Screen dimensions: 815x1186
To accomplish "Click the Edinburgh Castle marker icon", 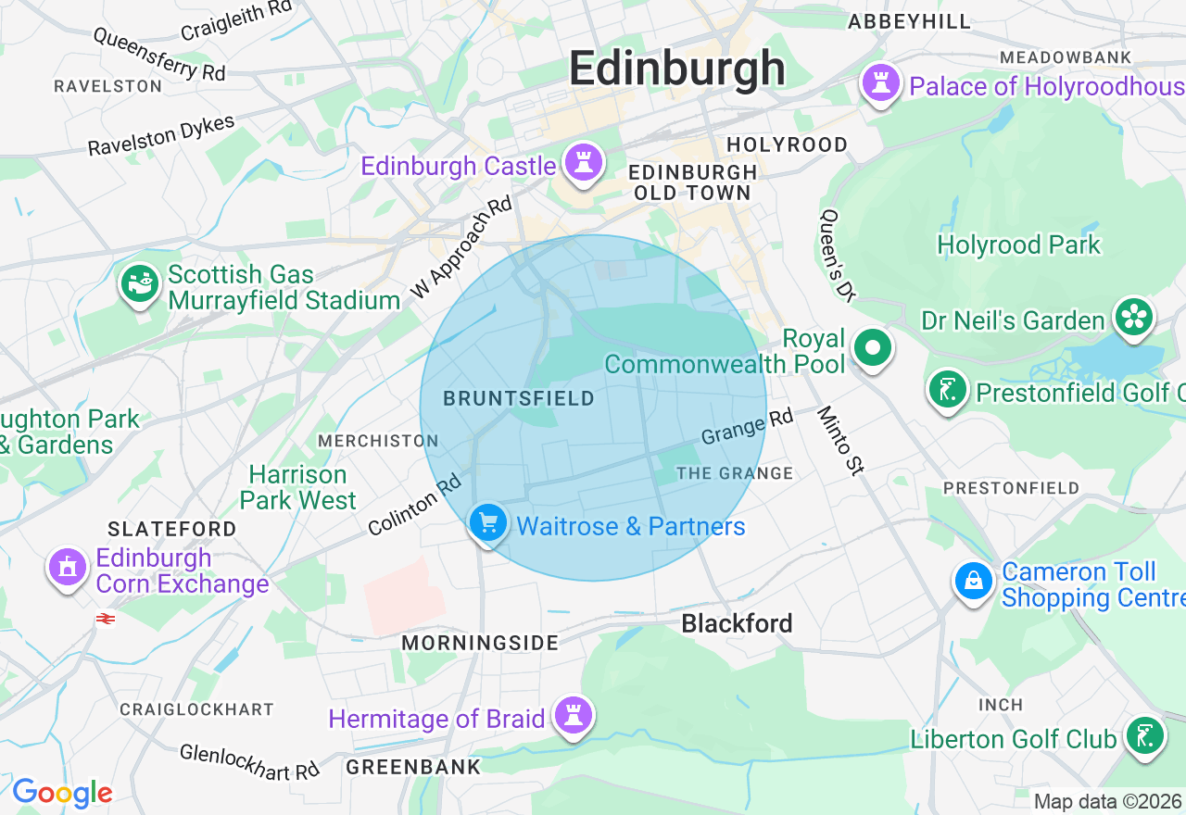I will pyautogui.click(x=583, y=163).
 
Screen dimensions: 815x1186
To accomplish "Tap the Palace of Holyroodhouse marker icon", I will pyautogui.click(x=880, y=83).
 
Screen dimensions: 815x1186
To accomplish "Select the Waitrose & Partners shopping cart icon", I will pyautogui.click(x=487, y=524).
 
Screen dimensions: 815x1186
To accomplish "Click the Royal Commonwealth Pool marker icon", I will pyautogui.click(x=872, y=349).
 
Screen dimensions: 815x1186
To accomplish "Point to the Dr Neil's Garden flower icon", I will pyautogui.click(x=1133, y=317).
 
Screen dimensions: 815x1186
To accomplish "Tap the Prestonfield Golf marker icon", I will pyautogui.click(x=947, y=390).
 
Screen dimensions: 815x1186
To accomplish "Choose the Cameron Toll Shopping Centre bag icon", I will pyautogui.click(x=974, y=582).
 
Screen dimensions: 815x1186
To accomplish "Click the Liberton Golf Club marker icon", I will pyautogui.click(x=1144, y=736).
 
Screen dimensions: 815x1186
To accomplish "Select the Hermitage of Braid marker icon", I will pyautogui.click(x=574, y=716).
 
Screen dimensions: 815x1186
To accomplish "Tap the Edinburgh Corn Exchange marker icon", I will pyautogui.click(x=67, y=566).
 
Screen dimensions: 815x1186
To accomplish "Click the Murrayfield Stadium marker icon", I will pyautogui.click(x=141, y=284).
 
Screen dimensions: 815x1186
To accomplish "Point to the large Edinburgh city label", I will pyautogui.click(x=676, y=69).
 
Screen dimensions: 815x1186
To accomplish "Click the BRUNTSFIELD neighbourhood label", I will pyautogui.click(x=519, y=399).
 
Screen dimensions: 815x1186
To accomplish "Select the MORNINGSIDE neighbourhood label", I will pyautogui.click(x=480, y=643).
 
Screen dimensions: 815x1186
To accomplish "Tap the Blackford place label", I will pyautogui.click(x=737, y=623).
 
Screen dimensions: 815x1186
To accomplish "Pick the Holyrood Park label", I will pyautogui.click(x=1018, y=244).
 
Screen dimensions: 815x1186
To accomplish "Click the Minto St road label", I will pyautogui.click(x=840, y=441).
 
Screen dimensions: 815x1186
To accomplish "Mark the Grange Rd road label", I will pyautogui.click(x=747, y=427).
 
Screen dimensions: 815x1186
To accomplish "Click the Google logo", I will pyautogui.click(x=62, y=793).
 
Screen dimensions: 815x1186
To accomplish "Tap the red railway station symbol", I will pyautogui.click(x=105, y=619).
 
